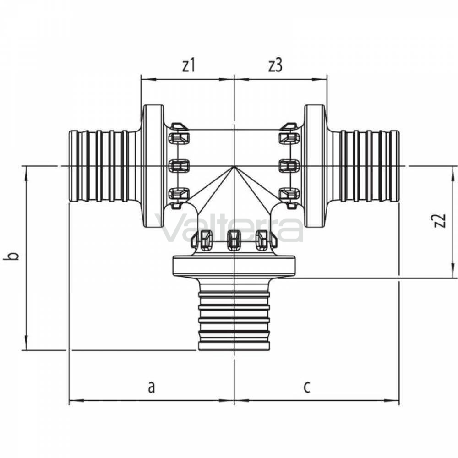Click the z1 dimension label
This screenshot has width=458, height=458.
[189, 65]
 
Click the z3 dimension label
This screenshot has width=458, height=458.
[275, 65]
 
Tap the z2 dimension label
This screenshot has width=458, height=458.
[440, 221]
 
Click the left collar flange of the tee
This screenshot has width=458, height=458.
[153, 166]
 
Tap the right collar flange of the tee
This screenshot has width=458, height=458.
[315, 166]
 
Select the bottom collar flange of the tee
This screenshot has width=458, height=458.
[234, 266]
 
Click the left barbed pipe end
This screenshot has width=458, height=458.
[99, 166]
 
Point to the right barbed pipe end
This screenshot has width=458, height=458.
[369, 166]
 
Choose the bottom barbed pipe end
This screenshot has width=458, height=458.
[234, 321]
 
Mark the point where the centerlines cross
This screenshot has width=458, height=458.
[234, 166]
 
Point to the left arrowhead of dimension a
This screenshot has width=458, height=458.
[76, 400]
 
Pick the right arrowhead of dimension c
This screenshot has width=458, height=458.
[392, 400]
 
